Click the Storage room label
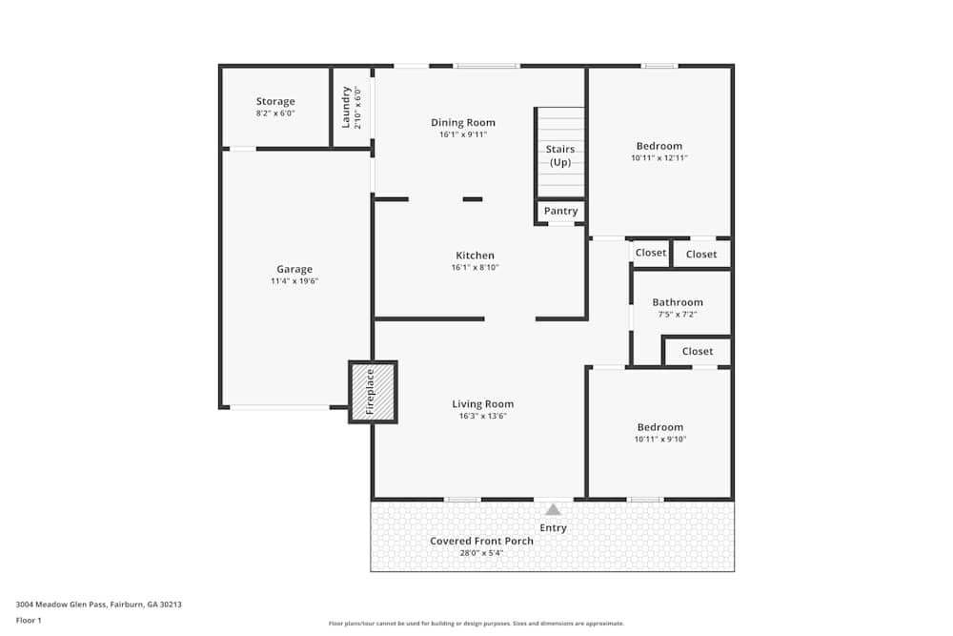[275, 101]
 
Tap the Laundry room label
[346, 107]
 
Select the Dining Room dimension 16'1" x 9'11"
[463, 134]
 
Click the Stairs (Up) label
[559, 155]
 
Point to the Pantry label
[560, 211]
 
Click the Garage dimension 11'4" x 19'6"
[294, 281]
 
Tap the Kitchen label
[475, 255]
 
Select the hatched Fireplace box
[373, 392]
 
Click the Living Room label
[482, 403]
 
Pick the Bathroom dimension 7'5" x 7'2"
[678, 314]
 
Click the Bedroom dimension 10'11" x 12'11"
[659, 157]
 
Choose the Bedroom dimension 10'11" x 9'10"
[659, 439]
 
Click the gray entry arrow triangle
[553, 510]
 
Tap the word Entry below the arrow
[553, 527]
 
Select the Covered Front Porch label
[481, 541]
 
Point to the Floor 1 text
[29, 620]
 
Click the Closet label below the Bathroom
[697, 351]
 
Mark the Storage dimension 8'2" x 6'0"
[275, 113]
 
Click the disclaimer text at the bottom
[476, 623]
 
